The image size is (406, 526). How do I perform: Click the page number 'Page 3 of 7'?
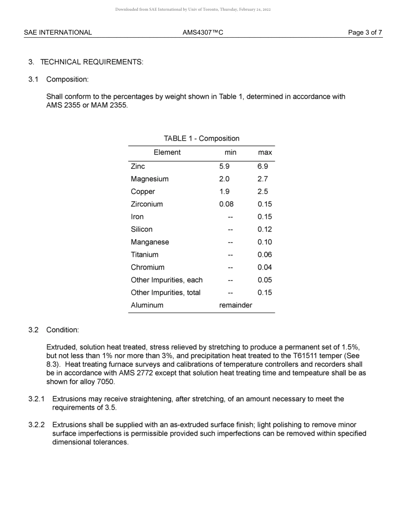coord(365,33)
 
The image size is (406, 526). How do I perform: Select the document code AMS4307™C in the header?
coord(203,33)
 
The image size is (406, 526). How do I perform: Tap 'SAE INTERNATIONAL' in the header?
coord(58,33)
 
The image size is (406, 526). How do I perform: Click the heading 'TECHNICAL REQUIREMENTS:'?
coord(91,62)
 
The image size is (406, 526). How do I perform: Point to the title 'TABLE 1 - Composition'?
coord(201,139)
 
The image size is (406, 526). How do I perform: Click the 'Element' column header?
coord(167,152)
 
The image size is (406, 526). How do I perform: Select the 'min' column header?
coord(230,152)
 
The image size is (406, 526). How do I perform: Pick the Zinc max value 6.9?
coord(263,166)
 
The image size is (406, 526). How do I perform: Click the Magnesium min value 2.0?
coord(224,179)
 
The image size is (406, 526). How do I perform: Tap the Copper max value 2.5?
coord(263,192)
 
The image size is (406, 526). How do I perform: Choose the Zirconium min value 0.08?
coord(226,204)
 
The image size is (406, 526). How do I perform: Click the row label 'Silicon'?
coord(141,229)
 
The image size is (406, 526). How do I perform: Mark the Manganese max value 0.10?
coord(265,242)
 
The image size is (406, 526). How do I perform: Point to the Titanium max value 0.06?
coord(265,254)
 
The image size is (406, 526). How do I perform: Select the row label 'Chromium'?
coord(147,267)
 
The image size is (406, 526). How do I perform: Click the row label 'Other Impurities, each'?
coord(167,280)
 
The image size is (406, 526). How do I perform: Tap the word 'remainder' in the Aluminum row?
coord(235,305)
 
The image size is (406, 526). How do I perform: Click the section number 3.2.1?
coord(36,399)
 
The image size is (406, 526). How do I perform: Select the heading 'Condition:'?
coord(62,330)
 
